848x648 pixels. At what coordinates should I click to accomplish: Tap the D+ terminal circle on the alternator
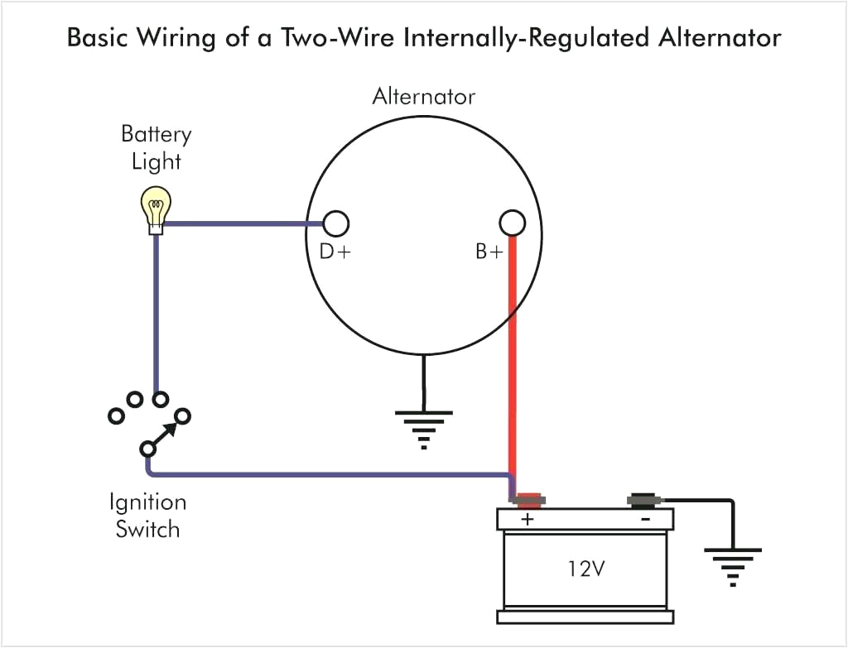coord(335,223)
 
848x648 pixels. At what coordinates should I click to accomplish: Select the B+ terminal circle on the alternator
coord(513,223)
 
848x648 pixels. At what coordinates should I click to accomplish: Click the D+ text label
coord(335,252)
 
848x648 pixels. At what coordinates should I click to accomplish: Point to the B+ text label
coord(489,252)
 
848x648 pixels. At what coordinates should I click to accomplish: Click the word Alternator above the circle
coord(423,97)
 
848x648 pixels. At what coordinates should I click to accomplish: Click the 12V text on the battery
coord(585,569)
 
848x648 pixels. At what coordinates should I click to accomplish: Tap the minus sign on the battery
coord(644,520)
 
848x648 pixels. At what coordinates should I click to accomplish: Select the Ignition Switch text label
coord(147,516)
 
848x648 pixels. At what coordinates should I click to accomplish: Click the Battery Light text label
coord(156,146)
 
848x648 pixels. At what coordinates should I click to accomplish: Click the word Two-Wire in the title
coord(320,38)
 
